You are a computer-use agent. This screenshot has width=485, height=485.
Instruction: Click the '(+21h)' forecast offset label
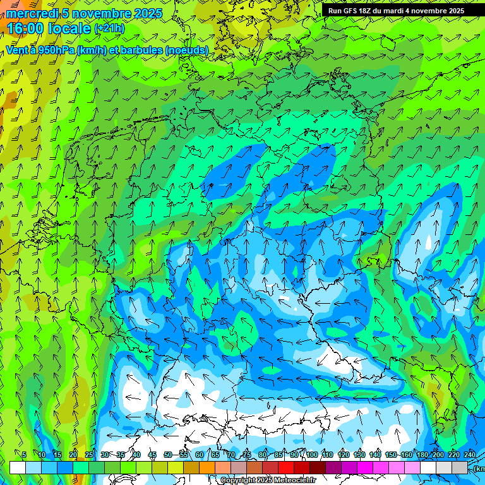[x=109, y=28]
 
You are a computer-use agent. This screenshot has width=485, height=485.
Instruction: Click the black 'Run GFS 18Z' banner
[x=396, y=11]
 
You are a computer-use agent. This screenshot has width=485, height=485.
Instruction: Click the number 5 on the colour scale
[x=24, y=455]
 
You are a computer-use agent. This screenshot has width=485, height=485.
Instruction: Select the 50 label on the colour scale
[x=167, y=455]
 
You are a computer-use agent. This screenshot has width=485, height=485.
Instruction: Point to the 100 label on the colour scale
[x=311, y=455]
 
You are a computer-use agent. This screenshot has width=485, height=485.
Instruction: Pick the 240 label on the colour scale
[x=470, y=455]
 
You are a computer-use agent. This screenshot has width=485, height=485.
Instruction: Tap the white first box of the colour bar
[x=18, y=467]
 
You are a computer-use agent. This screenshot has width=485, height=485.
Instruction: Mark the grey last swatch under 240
[x=460, y=467]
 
